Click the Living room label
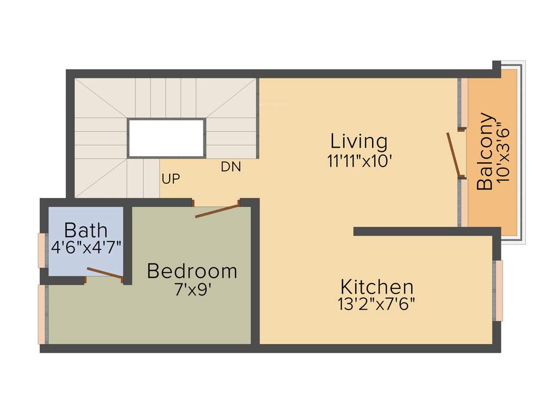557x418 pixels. click(359, 142)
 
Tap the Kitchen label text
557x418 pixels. click(377, 287)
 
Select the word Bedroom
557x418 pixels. click(192, 271)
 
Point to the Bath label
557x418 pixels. click(85, 230)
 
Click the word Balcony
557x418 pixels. click(485, 151)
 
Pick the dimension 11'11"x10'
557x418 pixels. click(360, 162)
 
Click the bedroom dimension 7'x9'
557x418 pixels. click(192, 290)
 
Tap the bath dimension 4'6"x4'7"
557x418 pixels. click(86, 247)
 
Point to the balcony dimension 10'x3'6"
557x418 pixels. click(503, 155)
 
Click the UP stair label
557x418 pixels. click(171, 179)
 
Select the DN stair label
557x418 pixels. click(231, 167)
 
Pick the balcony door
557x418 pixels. click(454, 155)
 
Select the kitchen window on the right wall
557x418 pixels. click(498, 291)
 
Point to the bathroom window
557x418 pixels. click(41, 250)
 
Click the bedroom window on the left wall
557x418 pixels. click(41, 314)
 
